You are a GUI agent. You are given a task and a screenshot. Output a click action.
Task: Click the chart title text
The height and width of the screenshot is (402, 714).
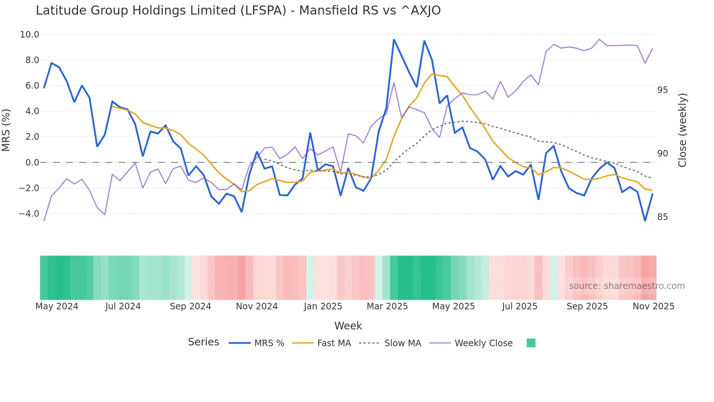point(238,11)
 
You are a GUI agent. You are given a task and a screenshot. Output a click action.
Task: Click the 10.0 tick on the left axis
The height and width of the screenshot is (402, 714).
point(30,35)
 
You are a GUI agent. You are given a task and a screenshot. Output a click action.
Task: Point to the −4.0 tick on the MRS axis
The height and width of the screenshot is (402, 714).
point(29,214)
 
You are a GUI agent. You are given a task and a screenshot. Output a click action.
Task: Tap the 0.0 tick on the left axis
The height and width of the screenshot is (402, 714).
point(32,163)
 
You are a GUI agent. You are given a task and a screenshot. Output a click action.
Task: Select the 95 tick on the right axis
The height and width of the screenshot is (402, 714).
point(663,90)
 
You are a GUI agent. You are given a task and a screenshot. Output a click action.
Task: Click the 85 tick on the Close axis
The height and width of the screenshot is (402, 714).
point(663,217)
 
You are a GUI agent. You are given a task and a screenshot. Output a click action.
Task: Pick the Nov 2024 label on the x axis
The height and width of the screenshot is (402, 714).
point(257,306)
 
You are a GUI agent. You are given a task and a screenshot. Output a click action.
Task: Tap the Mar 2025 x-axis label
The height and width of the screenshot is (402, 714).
point(387,306)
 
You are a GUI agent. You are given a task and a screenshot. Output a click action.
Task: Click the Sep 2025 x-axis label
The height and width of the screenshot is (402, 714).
point(587,306)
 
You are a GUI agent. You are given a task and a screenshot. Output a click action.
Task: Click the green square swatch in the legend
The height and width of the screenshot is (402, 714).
point(531,343)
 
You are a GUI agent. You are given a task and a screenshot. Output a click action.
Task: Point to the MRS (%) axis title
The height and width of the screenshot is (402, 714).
point(6,130)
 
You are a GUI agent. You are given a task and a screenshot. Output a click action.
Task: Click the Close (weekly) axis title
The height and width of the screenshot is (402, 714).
point(682,130)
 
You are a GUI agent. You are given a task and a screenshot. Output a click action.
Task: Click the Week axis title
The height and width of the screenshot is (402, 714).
point(348,326)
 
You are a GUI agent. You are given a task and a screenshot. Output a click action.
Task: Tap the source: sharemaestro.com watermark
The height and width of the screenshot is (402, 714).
point(627,286)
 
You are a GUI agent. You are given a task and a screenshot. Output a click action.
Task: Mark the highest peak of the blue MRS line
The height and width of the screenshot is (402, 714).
point(394,39)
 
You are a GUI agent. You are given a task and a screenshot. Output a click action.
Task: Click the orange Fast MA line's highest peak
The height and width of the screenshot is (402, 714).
point(432,74)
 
